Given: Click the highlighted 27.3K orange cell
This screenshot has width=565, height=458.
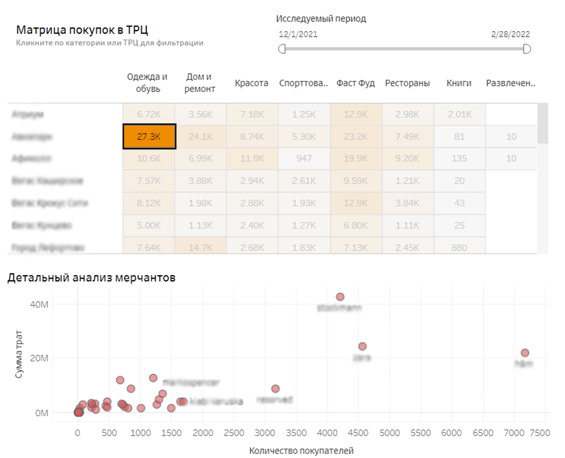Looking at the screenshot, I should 149,136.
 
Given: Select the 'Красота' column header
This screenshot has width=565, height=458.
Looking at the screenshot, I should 252,83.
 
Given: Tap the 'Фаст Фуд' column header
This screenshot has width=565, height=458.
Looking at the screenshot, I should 355,83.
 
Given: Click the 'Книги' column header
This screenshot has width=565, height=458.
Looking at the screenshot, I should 459,83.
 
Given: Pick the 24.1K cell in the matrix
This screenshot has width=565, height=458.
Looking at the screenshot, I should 200,136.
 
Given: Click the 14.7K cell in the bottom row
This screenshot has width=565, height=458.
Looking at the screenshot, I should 200,247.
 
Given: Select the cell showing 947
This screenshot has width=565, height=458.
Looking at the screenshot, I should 303,159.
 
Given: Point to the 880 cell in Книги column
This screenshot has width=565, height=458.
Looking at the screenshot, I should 459,247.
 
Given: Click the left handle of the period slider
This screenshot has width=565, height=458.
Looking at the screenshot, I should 282,48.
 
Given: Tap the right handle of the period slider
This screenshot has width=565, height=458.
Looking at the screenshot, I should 527,48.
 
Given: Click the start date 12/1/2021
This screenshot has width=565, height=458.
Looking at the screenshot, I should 298,34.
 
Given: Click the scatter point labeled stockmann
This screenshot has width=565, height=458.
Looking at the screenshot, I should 340,297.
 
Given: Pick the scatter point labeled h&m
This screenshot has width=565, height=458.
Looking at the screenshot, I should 525,353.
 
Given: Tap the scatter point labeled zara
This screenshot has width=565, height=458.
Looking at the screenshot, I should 362,346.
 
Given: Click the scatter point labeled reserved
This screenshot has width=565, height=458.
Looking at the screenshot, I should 275,389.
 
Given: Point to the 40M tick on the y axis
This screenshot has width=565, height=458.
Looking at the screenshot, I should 38,304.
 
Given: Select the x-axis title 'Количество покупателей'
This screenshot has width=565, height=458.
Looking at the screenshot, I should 301,451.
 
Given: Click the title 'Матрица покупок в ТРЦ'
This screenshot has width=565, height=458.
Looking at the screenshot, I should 81,31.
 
